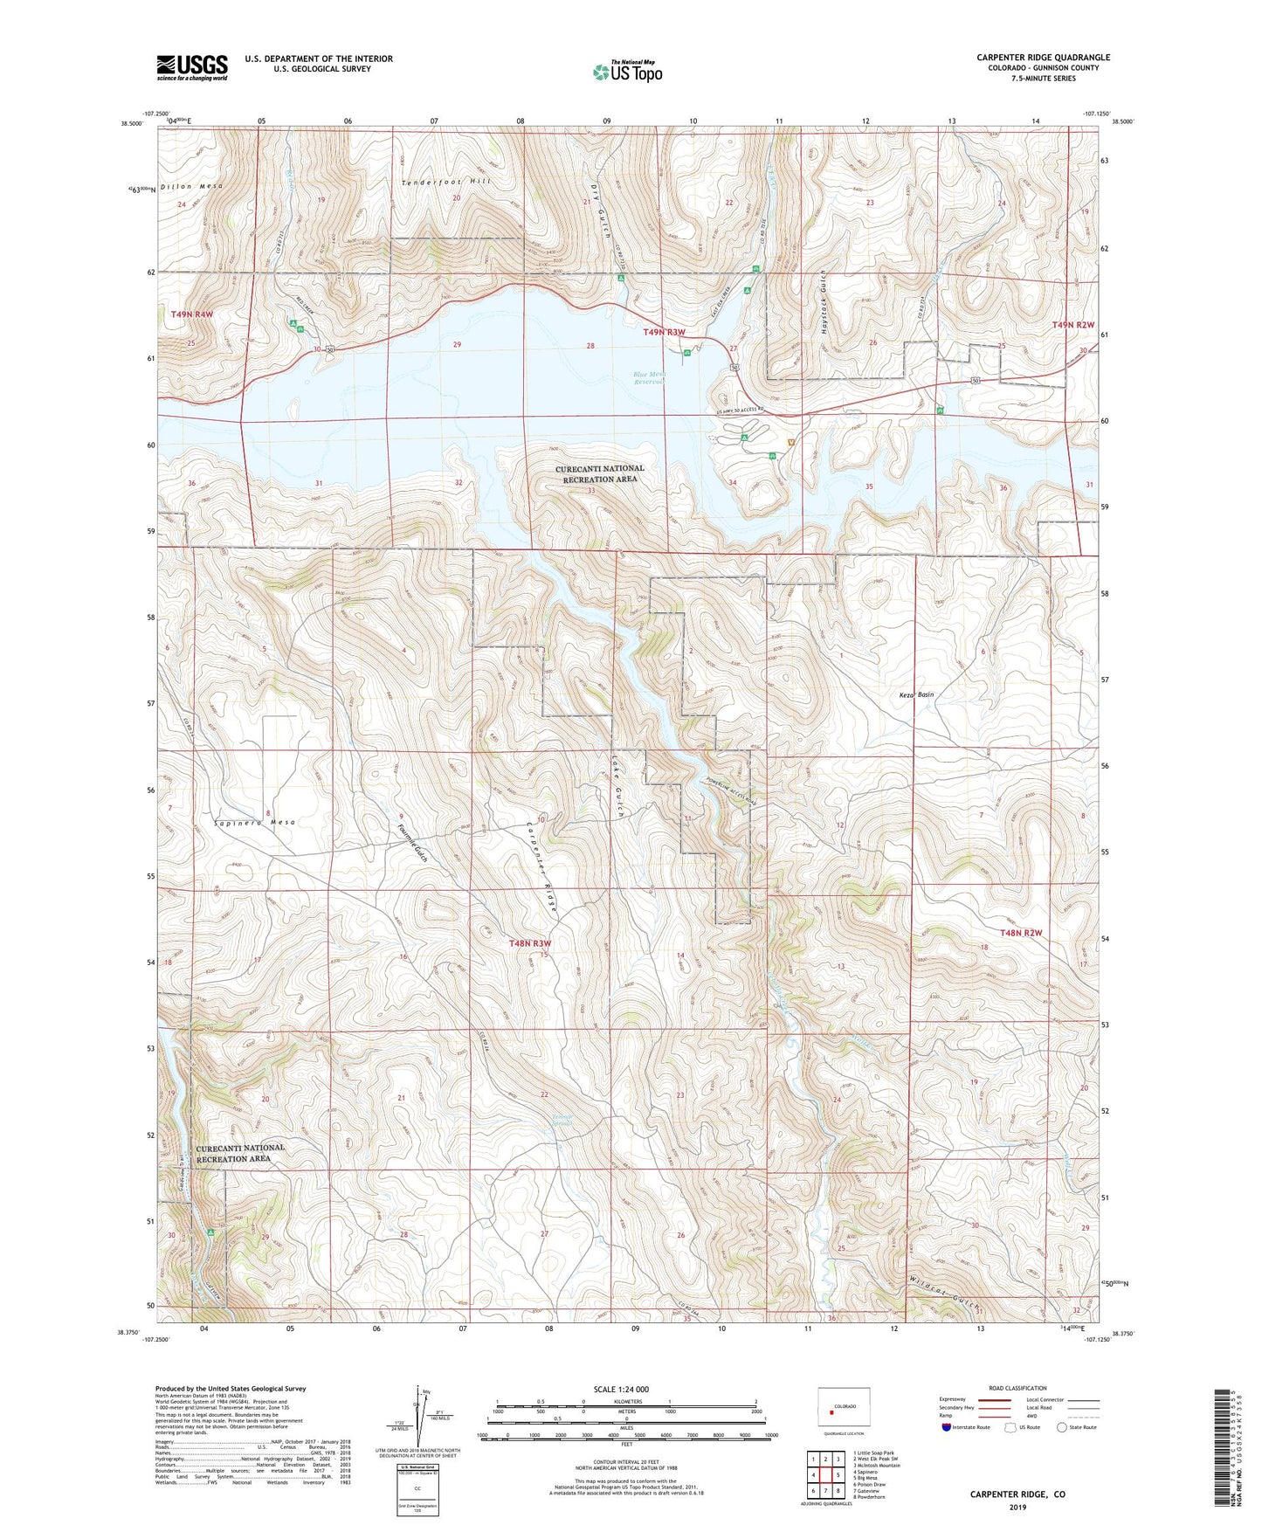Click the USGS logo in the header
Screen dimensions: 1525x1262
click(x=192, y=67)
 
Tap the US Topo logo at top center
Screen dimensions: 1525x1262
click(x=627, y=72)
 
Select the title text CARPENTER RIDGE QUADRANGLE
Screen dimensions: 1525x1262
click(x=1043, y=58)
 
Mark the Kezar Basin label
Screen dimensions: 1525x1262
click(x=916, y=695)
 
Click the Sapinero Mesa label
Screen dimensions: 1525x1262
click(x=255, y=823)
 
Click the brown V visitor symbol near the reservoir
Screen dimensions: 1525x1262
click(x=791, y=442)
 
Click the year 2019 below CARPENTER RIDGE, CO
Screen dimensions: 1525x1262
click(x=1017, y=1508)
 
